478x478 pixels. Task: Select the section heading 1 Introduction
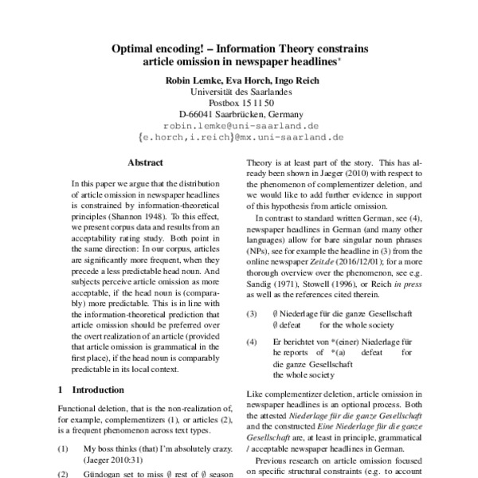tap(92, 390)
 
